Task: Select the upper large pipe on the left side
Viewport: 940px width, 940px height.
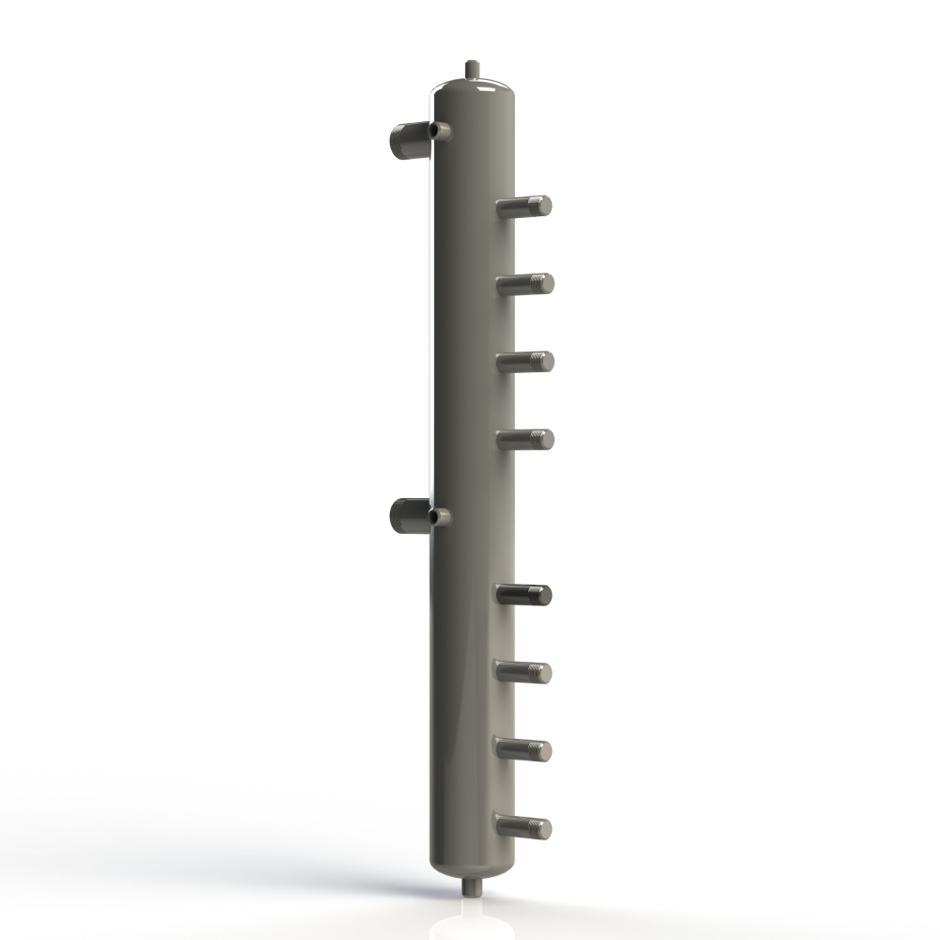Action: pyautogui.click(x=406, y=141)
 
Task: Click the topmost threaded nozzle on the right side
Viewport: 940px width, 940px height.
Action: pyautogui.click(x=525, y=206)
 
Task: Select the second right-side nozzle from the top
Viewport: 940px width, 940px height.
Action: pyautogui.click(x=525, y=283)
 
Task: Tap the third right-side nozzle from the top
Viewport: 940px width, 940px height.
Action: pyautogui.click(x=525, y=361)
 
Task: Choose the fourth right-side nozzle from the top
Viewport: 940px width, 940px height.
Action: pyautogui.click(x=525, y=439)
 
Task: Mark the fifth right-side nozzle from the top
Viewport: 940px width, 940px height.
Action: pyautogui.click(x=525, y=594)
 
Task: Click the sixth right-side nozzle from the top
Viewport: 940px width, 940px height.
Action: pyautogui.click(x=525, y=671)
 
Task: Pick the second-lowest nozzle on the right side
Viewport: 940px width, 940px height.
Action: pyautogui.click(x=525, y=749)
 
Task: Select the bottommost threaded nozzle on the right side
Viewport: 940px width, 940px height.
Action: pyautogui.click(x=525, y=827)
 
